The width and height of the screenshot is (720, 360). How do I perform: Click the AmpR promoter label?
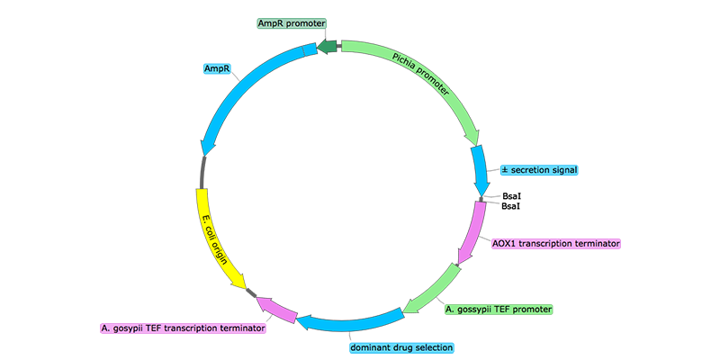(291, 22)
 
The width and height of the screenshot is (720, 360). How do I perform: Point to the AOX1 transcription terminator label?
(556, 243)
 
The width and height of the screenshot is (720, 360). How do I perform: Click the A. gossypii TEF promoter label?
(499, 309)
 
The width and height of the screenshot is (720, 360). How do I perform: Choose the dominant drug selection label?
(401, 346)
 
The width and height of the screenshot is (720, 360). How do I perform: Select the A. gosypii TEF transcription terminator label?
(183, 328)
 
